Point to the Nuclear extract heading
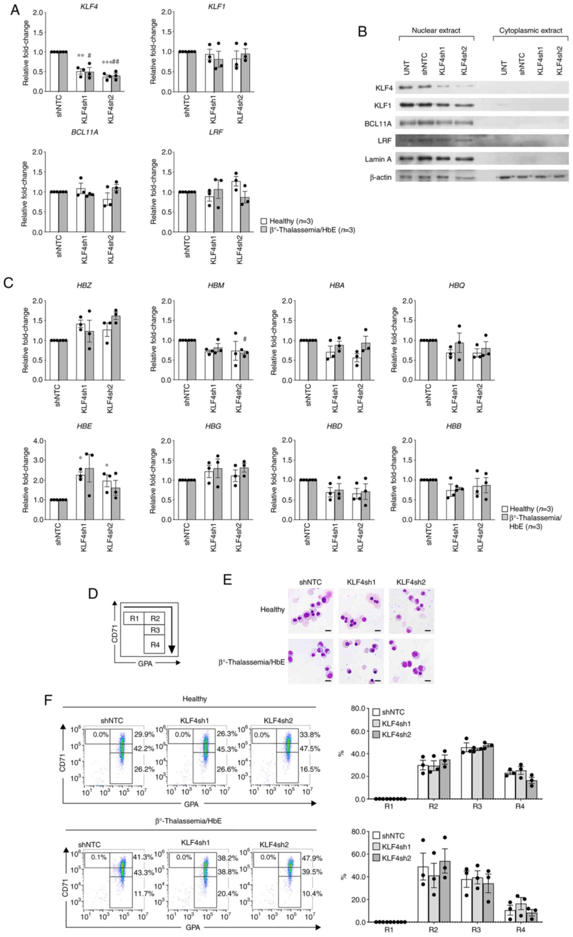click(436, 31)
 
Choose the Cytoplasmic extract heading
click(530, 31)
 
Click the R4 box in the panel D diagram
click(155, 644)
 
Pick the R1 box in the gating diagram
click(134, 619)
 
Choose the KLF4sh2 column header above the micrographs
click(411, 582)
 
